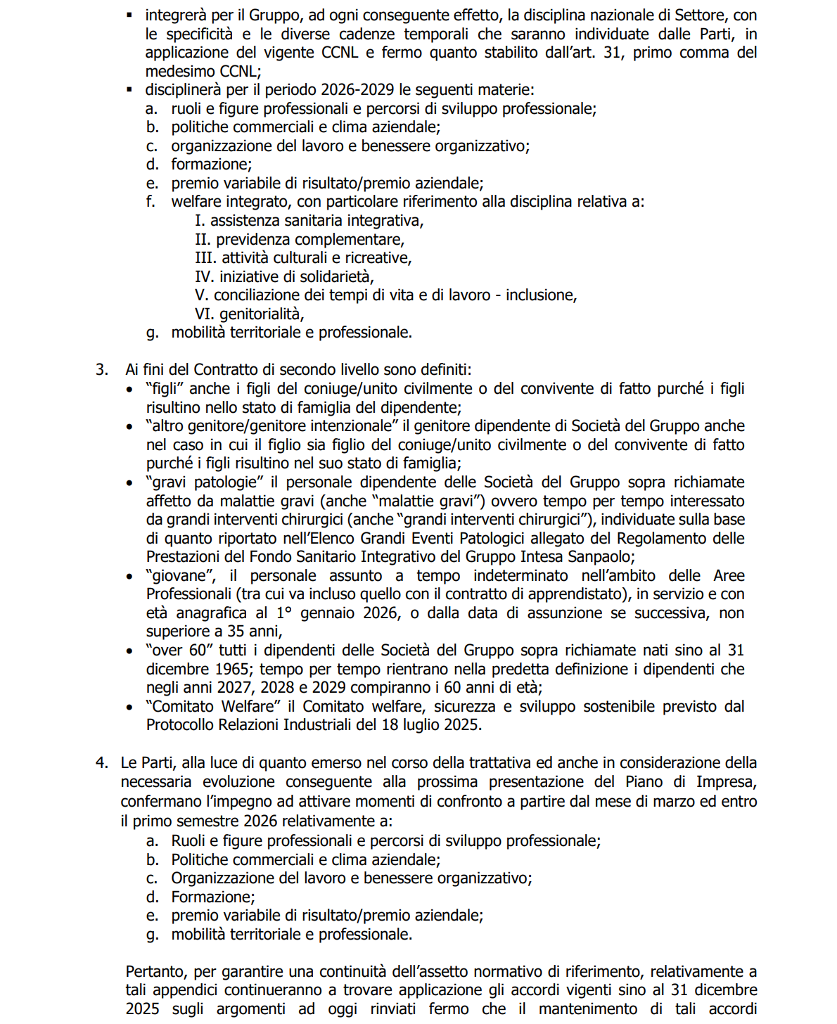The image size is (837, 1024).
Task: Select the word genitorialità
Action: tap(262, 314)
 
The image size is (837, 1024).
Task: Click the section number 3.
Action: tap(102, 369)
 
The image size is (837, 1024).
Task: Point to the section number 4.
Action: tap(102, 762)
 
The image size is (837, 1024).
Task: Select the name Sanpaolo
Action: tap(602, 556)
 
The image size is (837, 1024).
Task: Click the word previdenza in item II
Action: tap(249, 239)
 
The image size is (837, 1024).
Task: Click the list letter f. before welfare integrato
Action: tap(151, 202)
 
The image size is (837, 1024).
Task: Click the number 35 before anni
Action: tap(236, 631)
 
